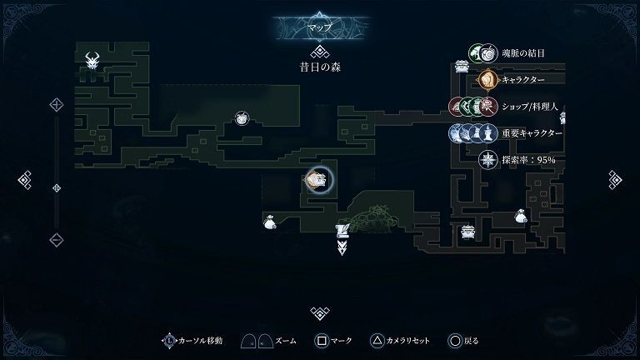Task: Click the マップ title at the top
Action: coord(319,27)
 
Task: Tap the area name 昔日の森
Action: coord(320,67)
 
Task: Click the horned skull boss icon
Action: coord(92,60)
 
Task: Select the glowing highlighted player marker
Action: coord(317,180)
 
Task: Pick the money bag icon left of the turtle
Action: coord(269,222)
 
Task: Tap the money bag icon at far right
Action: coord(521,216)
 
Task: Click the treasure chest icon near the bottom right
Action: coord(467,232)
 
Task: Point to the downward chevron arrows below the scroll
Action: coord(342,247)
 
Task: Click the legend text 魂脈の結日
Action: coord(522,53)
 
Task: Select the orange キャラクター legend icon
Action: coord(488,80)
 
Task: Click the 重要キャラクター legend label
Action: coord(532,133)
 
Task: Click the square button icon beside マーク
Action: coord(321,340)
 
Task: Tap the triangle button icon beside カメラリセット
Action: coord(377,340)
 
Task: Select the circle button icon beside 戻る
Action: coord(454,340)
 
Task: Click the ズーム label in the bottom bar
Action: coord(286,340)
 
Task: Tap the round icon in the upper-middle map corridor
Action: coord(242,118)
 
